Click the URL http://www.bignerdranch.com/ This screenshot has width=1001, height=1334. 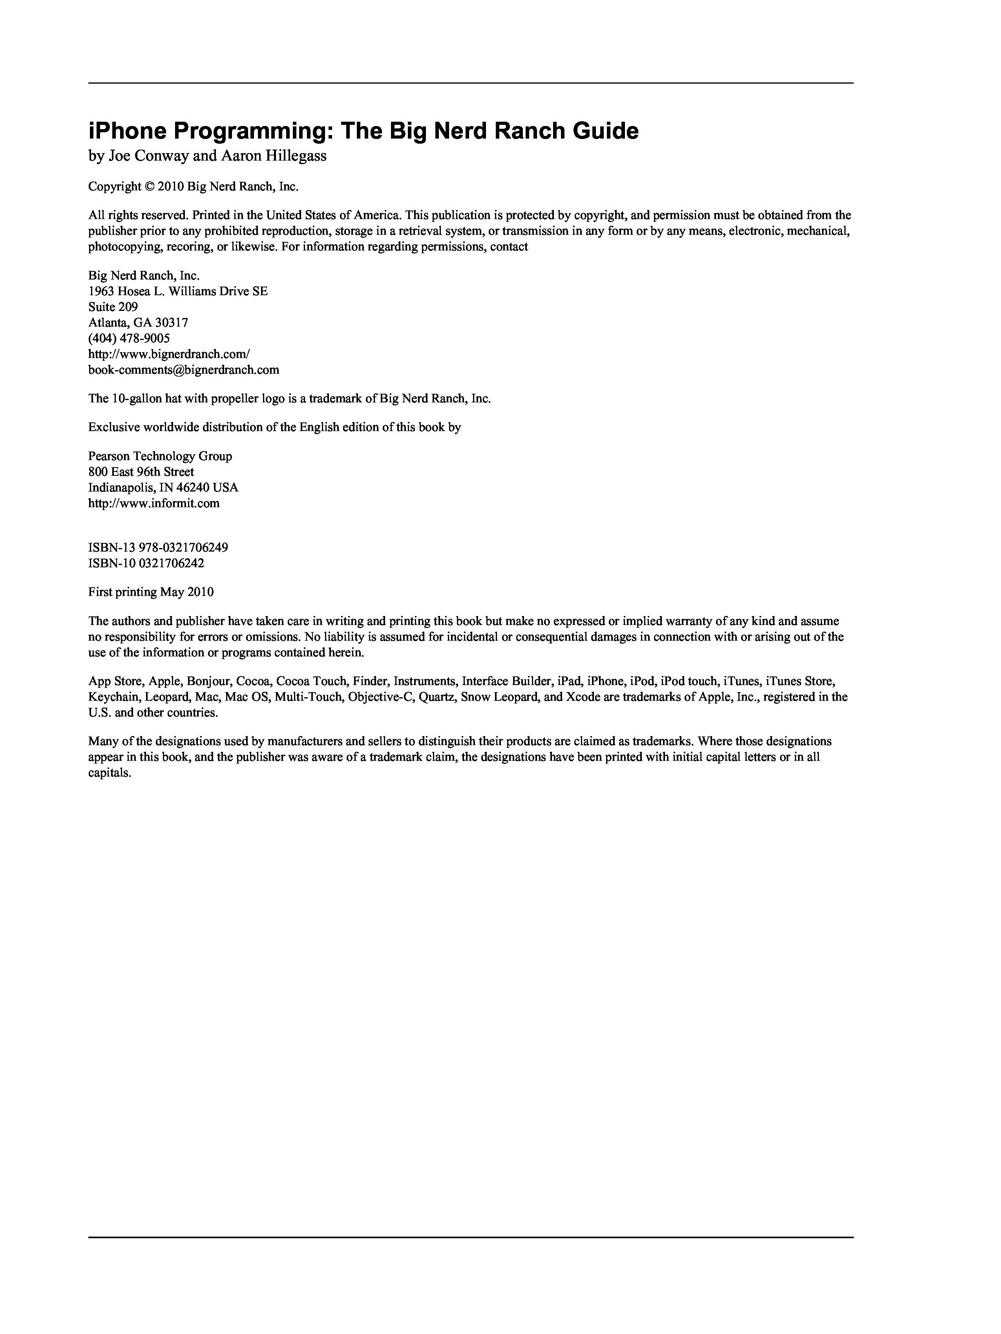(169, 354)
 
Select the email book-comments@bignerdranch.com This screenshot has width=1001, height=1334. (183, 370)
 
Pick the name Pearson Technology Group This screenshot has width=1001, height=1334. (160, 456)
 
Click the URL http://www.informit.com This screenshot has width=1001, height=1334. (154, 503)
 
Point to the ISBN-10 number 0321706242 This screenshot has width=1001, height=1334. (171, 563)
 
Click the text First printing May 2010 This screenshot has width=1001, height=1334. (151, 592)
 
